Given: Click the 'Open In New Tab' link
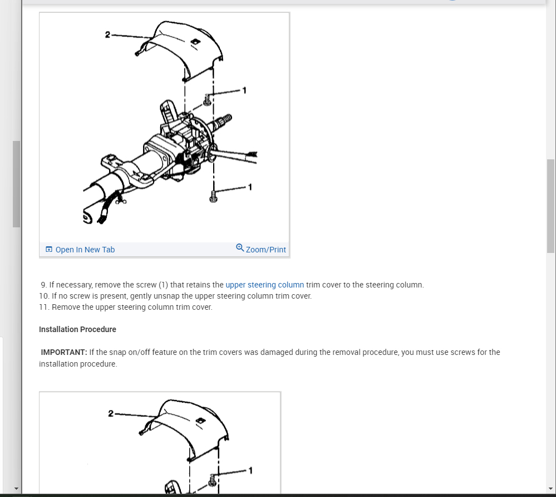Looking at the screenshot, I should [85, 250].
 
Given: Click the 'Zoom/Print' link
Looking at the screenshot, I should [265, 250].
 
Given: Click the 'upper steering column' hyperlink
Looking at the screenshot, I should [264, 285].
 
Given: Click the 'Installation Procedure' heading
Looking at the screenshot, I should [77, 329].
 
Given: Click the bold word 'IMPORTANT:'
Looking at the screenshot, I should [64, 352].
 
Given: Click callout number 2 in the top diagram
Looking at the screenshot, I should [107, 35].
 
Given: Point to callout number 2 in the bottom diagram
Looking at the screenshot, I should [111, 413].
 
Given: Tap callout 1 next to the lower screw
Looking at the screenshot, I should [250, 187].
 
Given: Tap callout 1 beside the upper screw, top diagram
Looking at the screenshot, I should [244, 90].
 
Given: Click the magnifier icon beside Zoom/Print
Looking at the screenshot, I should [240, 247].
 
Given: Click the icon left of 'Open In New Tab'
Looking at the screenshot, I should [49, 250].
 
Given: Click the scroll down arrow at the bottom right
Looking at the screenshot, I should [550, 489].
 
